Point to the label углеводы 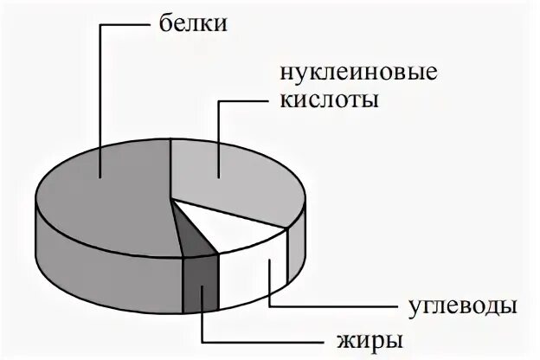[x=462, y=306]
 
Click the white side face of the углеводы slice [x=251, y=277]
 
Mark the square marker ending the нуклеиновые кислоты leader [x=218, y=177]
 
